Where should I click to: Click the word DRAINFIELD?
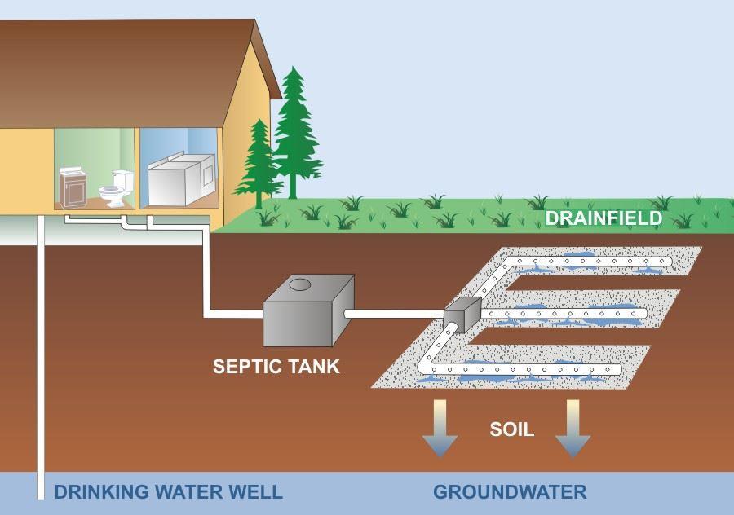pos(604,218)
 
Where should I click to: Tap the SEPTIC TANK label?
pos(276,366)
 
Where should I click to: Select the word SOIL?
pos(511,429)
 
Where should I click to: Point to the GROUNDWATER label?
pos(510,492)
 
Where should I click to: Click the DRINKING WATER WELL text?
pos(169,492)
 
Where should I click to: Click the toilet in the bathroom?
pos(116,188)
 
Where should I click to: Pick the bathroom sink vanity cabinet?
pos(73,187)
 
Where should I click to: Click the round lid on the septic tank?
pos(300,284)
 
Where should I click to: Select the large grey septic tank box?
pos(308,310)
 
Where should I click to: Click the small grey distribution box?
pos(462,315)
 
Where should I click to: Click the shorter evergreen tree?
pos(258,164)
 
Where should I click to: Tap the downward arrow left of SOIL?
pos(440,428)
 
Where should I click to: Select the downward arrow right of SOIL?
pos(573,428)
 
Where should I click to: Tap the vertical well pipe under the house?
pos(41,358)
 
